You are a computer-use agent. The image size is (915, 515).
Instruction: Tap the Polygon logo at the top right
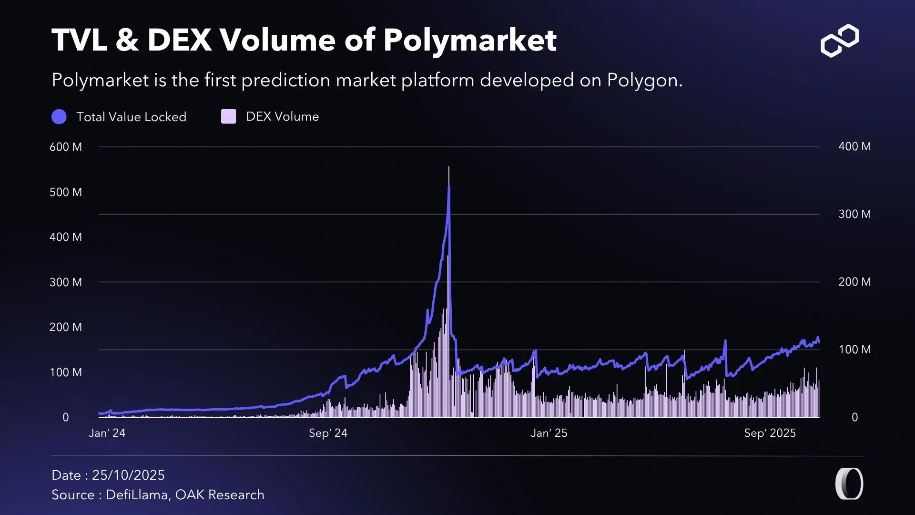click(840, 41)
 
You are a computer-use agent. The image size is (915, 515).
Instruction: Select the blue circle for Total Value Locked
click(59, 117)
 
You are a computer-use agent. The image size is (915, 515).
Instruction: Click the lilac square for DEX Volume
click(229, 116)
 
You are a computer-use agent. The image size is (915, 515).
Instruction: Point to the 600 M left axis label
click(66, 147)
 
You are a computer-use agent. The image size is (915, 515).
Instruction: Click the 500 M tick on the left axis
click(66, 192)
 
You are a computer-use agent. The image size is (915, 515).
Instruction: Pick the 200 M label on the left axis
click(66, 327)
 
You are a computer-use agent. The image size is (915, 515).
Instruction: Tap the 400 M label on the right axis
click(854, 146)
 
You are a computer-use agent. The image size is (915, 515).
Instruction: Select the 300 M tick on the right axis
click(854, 214)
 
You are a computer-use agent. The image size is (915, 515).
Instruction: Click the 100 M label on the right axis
click(854, 350)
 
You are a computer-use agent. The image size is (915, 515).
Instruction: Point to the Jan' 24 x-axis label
click(107, 433)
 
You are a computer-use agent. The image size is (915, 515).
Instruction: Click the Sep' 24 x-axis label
click(328, 433)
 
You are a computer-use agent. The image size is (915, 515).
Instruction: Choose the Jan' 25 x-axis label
click(549, 433)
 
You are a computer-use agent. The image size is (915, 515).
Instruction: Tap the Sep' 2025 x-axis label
click(770, 433)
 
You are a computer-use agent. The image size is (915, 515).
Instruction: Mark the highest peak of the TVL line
click(449, 186)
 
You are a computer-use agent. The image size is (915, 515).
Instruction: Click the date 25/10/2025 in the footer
click(128, 475)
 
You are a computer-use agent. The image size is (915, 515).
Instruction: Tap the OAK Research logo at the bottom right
click(849, 484)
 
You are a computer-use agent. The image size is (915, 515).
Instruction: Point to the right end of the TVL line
click(819, 341)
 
